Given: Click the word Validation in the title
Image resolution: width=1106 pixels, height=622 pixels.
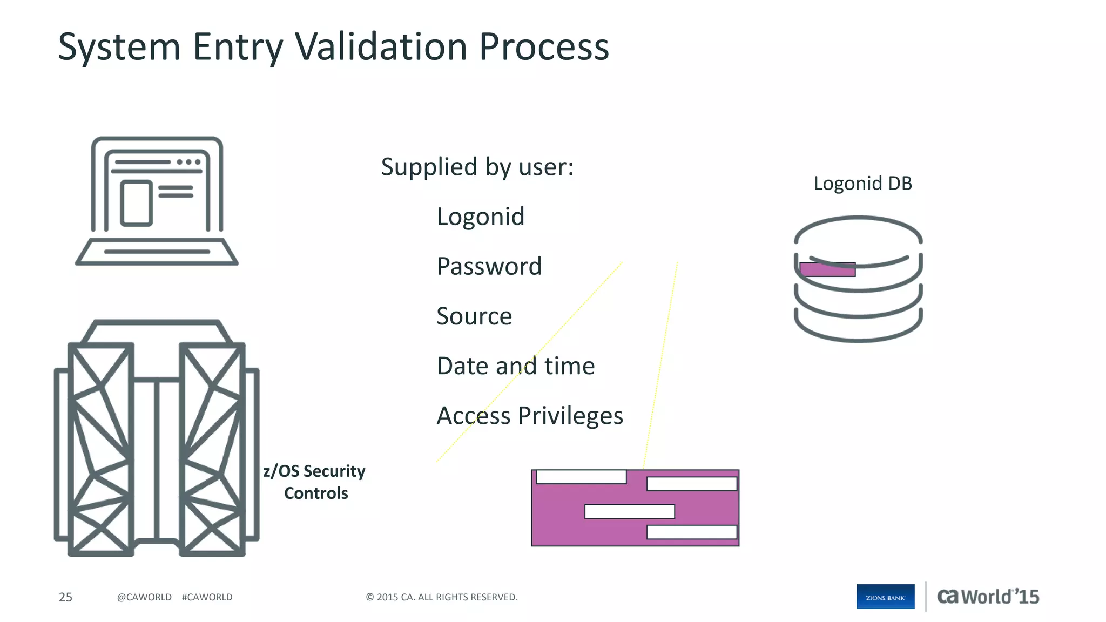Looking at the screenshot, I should click(x=381, y=46).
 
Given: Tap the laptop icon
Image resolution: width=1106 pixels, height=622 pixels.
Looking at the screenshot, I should click(x=157, y=201).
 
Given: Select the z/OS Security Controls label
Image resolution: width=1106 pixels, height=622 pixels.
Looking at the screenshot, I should click(x=315, y=482).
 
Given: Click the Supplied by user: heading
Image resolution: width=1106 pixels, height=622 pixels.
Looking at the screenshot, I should click(x=477, y=166).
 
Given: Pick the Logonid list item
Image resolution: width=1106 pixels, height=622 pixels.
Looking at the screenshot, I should click(x=480, y=217).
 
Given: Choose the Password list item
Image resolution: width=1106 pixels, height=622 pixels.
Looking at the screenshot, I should click(x=489, y=266).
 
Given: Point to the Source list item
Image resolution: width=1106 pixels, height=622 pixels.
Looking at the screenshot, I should click(x=474, y=316).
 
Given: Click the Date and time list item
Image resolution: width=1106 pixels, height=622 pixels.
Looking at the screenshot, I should click(x=515, y=366).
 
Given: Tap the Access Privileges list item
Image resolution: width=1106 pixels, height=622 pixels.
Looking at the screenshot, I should click(x=529, y=416).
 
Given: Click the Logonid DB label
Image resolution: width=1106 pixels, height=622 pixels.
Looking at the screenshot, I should click(x=862, y=184).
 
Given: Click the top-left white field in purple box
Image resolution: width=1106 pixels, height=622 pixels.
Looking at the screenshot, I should click(x=581, y=477).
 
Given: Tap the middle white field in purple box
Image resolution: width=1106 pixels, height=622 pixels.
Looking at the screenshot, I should click(x=630, y=511).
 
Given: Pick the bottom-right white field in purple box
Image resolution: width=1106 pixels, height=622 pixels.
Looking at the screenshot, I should click(x=691, y=532).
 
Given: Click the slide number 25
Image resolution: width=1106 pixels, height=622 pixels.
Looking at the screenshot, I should click(x=65, y=597).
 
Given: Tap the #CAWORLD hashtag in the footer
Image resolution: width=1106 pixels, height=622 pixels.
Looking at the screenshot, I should click(x=207, y=597).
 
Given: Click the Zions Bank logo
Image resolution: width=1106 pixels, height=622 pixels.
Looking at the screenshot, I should click(x=885, y=597).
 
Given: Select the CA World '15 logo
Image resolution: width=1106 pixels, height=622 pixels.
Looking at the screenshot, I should click(x=988, y=597).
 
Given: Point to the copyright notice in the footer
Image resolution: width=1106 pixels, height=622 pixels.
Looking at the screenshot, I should click(x=441, y=597).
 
